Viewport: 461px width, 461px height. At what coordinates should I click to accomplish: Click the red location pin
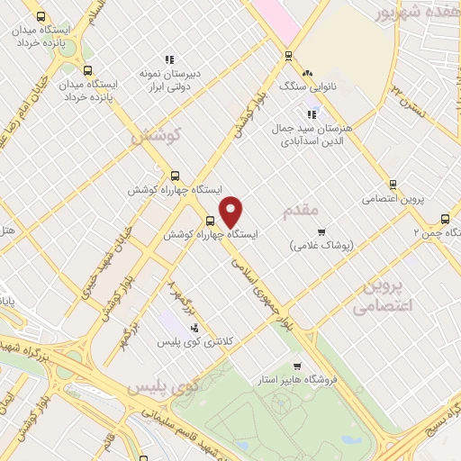(231, 210)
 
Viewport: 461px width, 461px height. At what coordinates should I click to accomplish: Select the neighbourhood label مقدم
(302, 210)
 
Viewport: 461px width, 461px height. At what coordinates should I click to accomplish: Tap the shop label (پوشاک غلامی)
(321, 244)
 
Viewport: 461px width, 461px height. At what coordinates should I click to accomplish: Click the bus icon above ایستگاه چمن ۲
(445, 218)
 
